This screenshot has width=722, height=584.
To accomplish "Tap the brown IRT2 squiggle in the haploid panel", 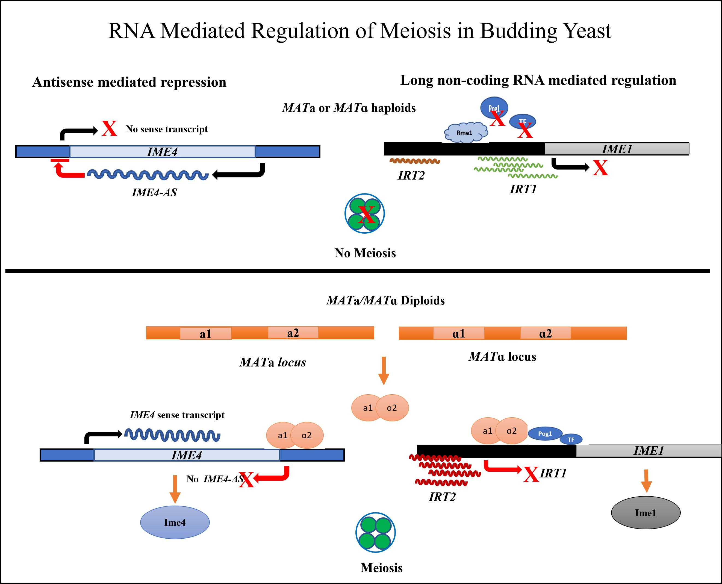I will click(415, 161).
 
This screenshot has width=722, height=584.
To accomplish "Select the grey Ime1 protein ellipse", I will click(645, 513).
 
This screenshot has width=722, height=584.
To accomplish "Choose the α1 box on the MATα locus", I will click(458, 333).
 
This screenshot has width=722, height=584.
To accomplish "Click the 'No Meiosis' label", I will click(365, 253).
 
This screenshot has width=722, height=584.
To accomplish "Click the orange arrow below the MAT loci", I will click(383, 370).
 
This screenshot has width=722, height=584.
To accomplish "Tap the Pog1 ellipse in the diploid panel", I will click(545, 434).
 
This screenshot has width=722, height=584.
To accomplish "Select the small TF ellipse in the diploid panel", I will click(571, 439).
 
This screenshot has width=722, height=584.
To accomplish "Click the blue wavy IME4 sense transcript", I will click(172, 435).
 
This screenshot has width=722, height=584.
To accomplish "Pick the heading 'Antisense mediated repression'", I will click(129, 82).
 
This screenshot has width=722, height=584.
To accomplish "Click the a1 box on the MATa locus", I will click(205, 334).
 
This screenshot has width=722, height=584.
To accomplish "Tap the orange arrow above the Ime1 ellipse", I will click(646, 481).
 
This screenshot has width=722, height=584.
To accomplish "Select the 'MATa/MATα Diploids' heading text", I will click(385, 300).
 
